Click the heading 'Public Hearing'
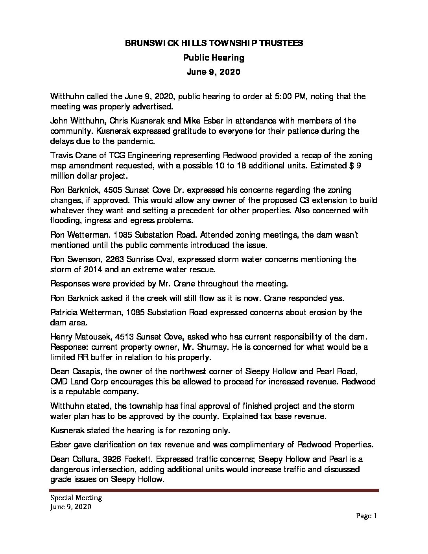tap(214, 58)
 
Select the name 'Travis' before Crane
tap(61, 155)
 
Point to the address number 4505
tap(112, 190)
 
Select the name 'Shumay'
tap(232, 347)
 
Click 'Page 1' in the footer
tap(367, 516)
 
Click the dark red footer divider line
tap(214, 491)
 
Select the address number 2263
tap(113, 259)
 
